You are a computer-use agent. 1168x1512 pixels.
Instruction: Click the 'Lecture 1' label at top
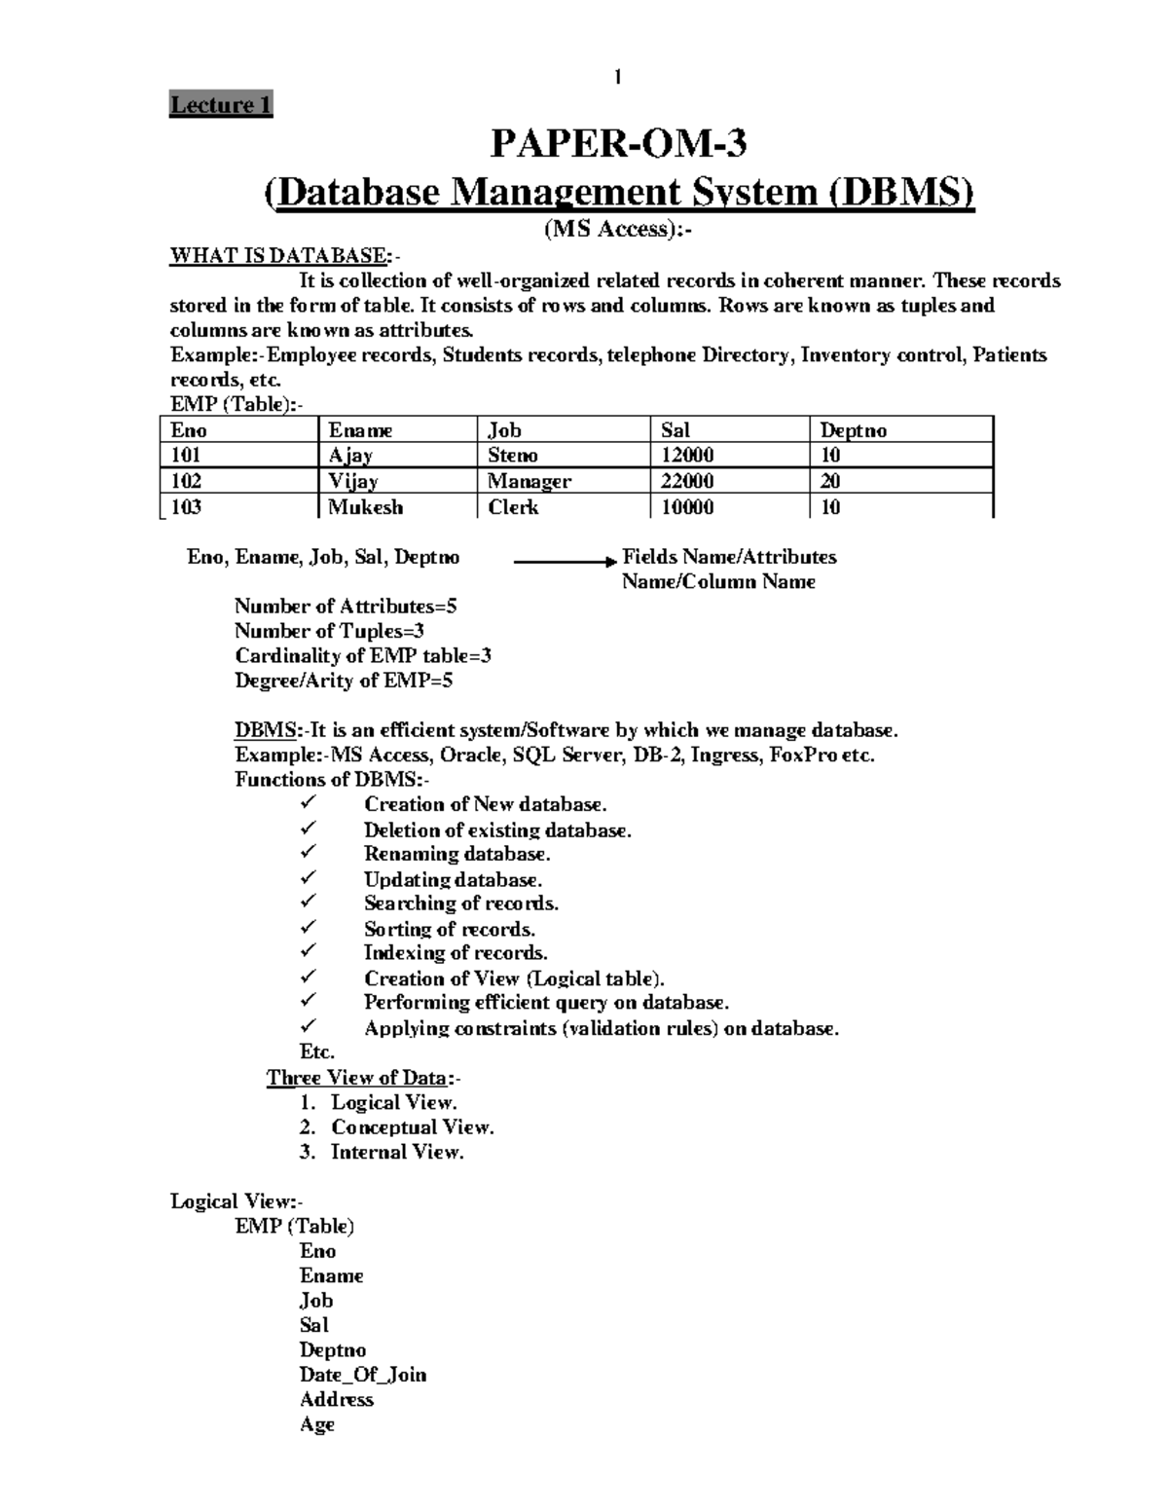221,104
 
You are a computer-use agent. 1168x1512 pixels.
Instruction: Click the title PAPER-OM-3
618,144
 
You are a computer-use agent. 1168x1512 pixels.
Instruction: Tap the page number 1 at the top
617,77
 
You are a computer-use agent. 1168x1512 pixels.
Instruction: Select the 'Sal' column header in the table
675,430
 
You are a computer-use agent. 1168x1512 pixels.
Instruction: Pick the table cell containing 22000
687,481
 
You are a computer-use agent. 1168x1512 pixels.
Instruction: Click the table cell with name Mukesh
365,507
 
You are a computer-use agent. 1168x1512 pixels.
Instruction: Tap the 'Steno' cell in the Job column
513,456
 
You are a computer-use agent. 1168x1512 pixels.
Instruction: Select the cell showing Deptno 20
830,481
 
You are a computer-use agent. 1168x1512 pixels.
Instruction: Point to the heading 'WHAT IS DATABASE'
279,256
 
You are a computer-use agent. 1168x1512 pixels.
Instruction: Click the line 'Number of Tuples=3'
329,631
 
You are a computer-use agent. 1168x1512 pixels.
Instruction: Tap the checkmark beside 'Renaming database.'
309,852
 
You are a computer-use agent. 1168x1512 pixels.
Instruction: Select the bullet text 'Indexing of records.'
456,953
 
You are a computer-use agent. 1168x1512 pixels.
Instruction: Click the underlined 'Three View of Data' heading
358,1078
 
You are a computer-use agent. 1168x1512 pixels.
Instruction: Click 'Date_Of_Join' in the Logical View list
363,1375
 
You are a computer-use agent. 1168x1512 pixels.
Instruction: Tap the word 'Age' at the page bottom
317,1424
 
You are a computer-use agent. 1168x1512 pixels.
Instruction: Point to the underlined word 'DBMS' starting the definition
265,730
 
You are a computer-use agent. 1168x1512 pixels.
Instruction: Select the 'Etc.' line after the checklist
317,1052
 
